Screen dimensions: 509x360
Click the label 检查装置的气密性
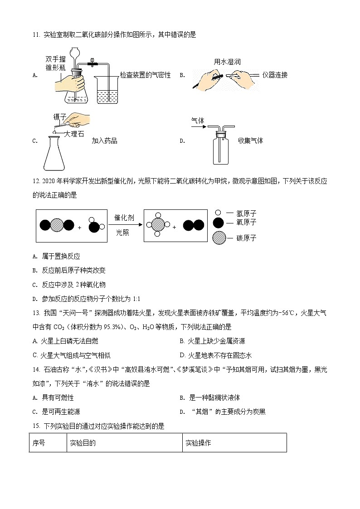(x=145, y=75)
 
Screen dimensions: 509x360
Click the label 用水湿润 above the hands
(x=227, y=62)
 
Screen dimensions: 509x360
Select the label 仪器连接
(x=275, y=75)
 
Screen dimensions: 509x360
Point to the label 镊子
(x=60, y=117)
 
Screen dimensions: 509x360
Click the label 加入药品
(x=104, y=141)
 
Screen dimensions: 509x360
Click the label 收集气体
(x=250, y=141)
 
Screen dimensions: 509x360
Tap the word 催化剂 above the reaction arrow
(x=125, y=218)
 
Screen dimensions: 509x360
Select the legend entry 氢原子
(x=245, y=212)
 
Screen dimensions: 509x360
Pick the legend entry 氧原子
(x=245, y=223)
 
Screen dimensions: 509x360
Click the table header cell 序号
(x=39, y=443)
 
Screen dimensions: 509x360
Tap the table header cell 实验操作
(x=198, y=443)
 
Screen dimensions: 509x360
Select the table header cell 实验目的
(x=83, y=443)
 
